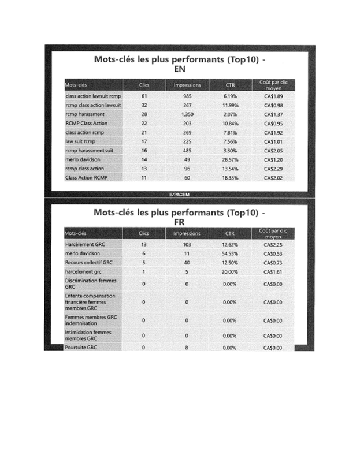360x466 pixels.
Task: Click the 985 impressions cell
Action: (187, 96)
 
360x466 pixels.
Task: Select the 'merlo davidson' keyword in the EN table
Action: (83, 159)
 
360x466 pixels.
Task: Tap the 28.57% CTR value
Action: (230, 159)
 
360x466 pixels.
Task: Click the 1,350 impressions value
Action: (187, 114)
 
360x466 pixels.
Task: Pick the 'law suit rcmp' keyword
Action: (80, 141)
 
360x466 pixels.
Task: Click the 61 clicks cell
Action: (144, 96)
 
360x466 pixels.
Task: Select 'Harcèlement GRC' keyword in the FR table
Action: (84, 244)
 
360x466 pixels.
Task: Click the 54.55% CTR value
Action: (230, 253)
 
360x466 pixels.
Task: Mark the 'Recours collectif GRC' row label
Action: (88, 262)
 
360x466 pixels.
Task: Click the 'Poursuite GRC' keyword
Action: (81, 348)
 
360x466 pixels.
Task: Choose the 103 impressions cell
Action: (187, 244)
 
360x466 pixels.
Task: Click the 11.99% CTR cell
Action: (230, 105)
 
